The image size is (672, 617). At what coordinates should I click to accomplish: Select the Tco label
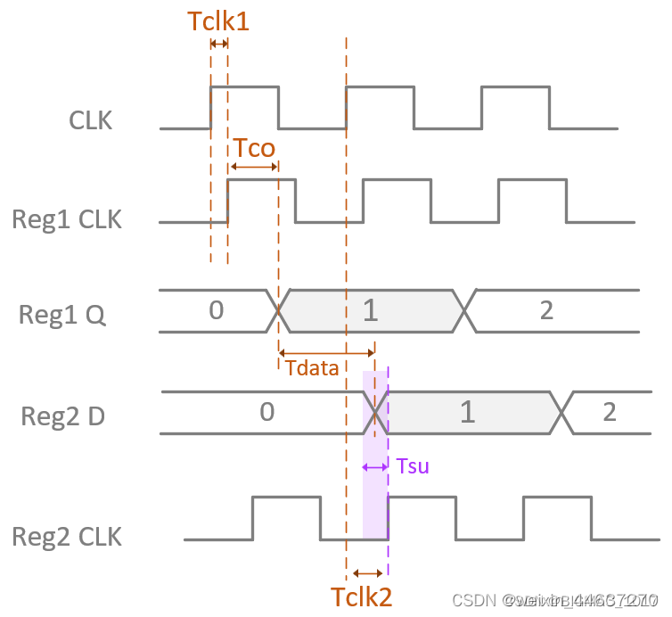pos(253,147)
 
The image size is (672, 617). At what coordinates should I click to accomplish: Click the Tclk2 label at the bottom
pos(361,596)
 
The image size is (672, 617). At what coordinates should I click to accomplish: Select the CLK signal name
pos(91,120)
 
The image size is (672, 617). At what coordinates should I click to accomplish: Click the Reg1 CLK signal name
pos(67,218)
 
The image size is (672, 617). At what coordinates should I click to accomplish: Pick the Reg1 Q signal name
pos(61,314)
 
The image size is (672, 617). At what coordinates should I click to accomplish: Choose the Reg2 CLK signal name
pos(67,537)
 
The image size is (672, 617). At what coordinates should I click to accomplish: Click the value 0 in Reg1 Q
pos(216,310)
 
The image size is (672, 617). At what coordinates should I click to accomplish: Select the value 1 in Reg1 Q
pos(372,310)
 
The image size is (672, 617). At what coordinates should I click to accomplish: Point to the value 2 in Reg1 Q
pos(546,310)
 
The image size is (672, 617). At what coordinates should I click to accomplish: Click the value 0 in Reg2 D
pos(266,412)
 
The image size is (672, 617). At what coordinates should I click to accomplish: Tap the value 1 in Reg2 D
pos(466,412)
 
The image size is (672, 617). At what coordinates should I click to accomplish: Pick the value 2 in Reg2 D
pos(609,412)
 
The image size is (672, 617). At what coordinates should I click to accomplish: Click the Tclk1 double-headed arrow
pos(218,43)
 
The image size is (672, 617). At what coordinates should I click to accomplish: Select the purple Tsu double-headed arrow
pos(375,466)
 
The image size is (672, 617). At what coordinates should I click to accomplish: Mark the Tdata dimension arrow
pos(327,350)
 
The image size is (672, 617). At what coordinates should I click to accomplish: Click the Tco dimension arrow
pos(254,167)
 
